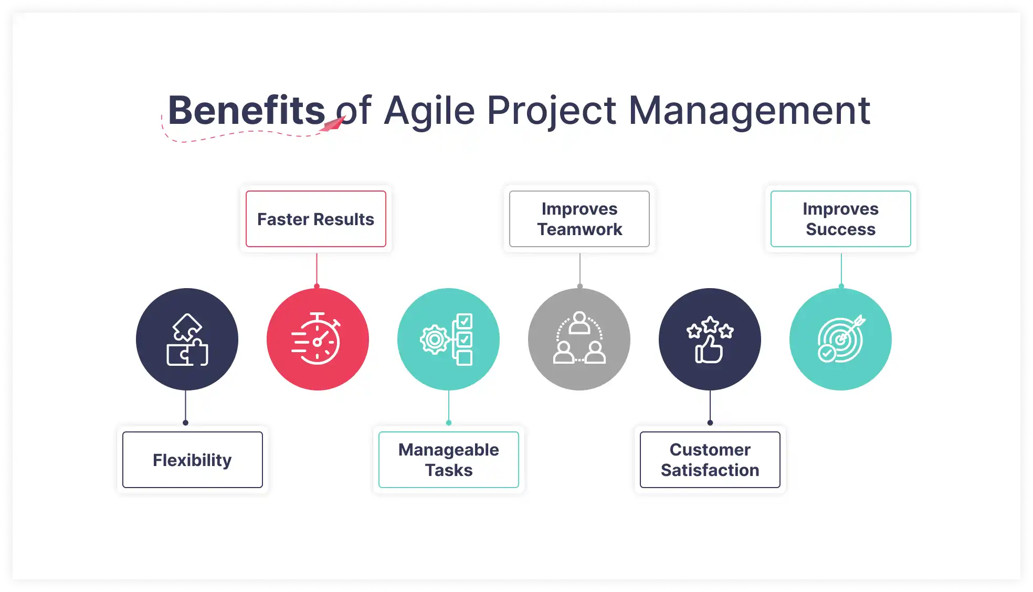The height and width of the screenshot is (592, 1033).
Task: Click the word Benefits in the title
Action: point(246,111)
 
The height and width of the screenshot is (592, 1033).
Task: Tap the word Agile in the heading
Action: point(429,111)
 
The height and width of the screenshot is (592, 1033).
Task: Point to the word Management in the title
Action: point(749,111)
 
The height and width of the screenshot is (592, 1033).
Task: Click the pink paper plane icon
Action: point(333,124)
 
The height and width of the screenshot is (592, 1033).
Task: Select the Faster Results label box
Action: point(316,219)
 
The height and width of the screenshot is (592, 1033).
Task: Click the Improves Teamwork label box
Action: point(579,219)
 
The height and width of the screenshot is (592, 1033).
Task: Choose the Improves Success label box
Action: point(840,219)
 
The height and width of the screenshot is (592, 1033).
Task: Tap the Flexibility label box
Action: point(193,460)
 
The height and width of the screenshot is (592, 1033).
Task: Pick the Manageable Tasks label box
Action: point(449,460)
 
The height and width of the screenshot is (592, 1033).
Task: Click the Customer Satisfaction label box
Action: point(710,460)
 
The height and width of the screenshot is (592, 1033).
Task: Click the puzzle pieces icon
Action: point(187,340)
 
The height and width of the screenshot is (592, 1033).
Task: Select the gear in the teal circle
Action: point(435,340)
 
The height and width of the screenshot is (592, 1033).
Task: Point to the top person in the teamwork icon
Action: point(579,322)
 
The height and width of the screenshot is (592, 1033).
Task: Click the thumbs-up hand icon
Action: point(709,350)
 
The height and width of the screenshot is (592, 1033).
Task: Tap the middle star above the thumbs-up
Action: point(710,324)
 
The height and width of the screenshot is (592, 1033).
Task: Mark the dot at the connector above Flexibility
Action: point(185,422)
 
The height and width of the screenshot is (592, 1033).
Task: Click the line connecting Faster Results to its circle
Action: point(317,269)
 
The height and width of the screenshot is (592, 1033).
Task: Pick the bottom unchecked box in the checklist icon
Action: point(465,358)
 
